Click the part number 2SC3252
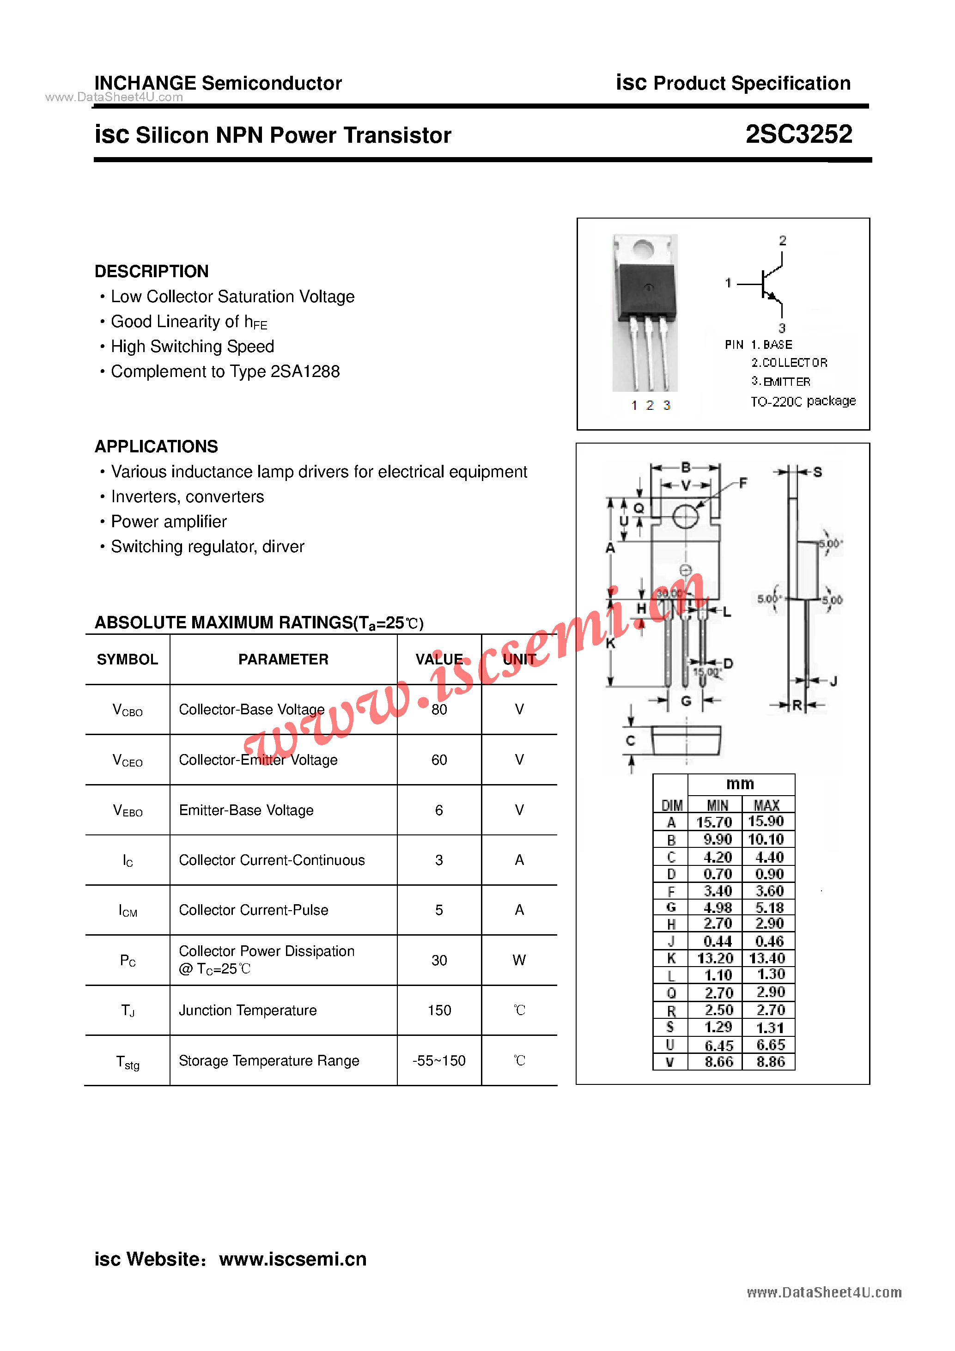(x=798, y=134)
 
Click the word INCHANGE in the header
(x=145, y=83)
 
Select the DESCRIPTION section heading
(x=151, y=271)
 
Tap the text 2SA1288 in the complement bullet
(x=305, y=371)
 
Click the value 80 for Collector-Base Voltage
(x=439, y=710)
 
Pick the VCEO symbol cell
(x=127, y=760)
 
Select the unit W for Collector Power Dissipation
(x=519, y=960)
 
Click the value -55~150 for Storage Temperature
(x=439, y=1061)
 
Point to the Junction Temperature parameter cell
(x=248, y=1010)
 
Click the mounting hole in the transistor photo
(x=644, y=250)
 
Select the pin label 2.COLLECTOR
(x=789, y=362)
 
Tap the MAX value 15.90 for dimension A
(x=766, y=822)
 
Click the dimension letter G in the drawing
(x=686, y=701)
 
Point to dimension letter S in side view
(x=817, y=472)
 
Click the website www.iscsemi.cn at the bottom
(x=292, y=1259)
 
